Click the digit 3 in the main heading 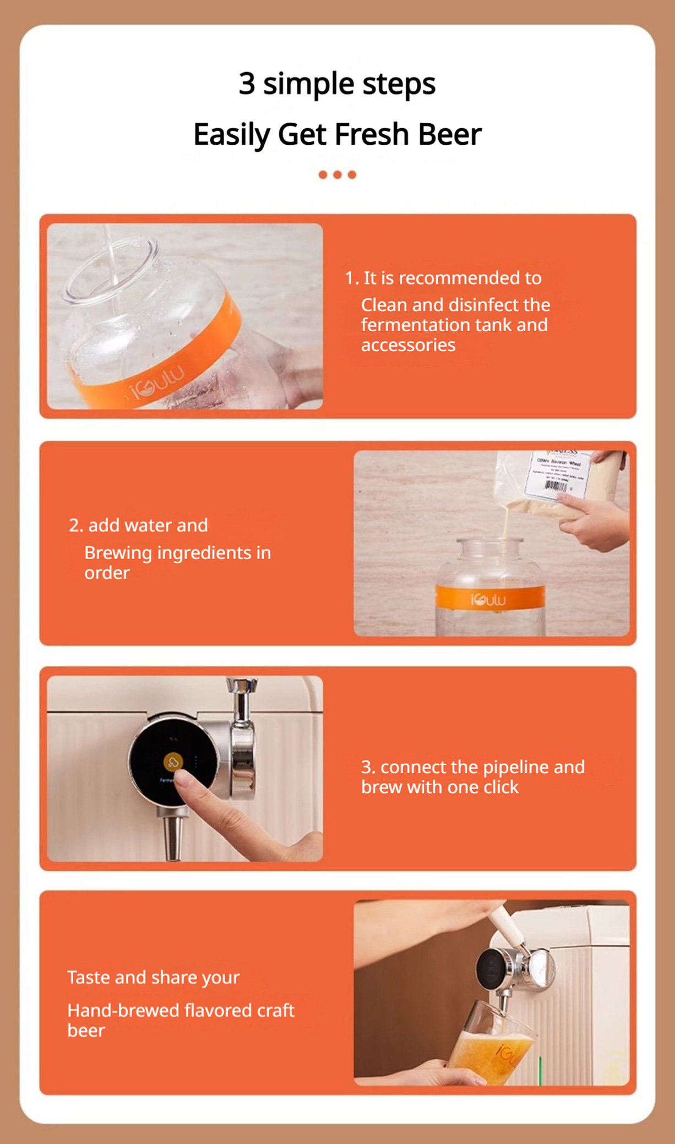[247, 84]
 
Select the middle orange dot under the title [337, 175]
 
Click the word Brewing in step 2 [118, 553]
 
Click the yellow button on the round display [173, 762]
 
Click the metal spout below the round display [172, 839]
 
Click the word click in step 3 [500, 787]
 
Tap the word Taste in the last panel [89, 977]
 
